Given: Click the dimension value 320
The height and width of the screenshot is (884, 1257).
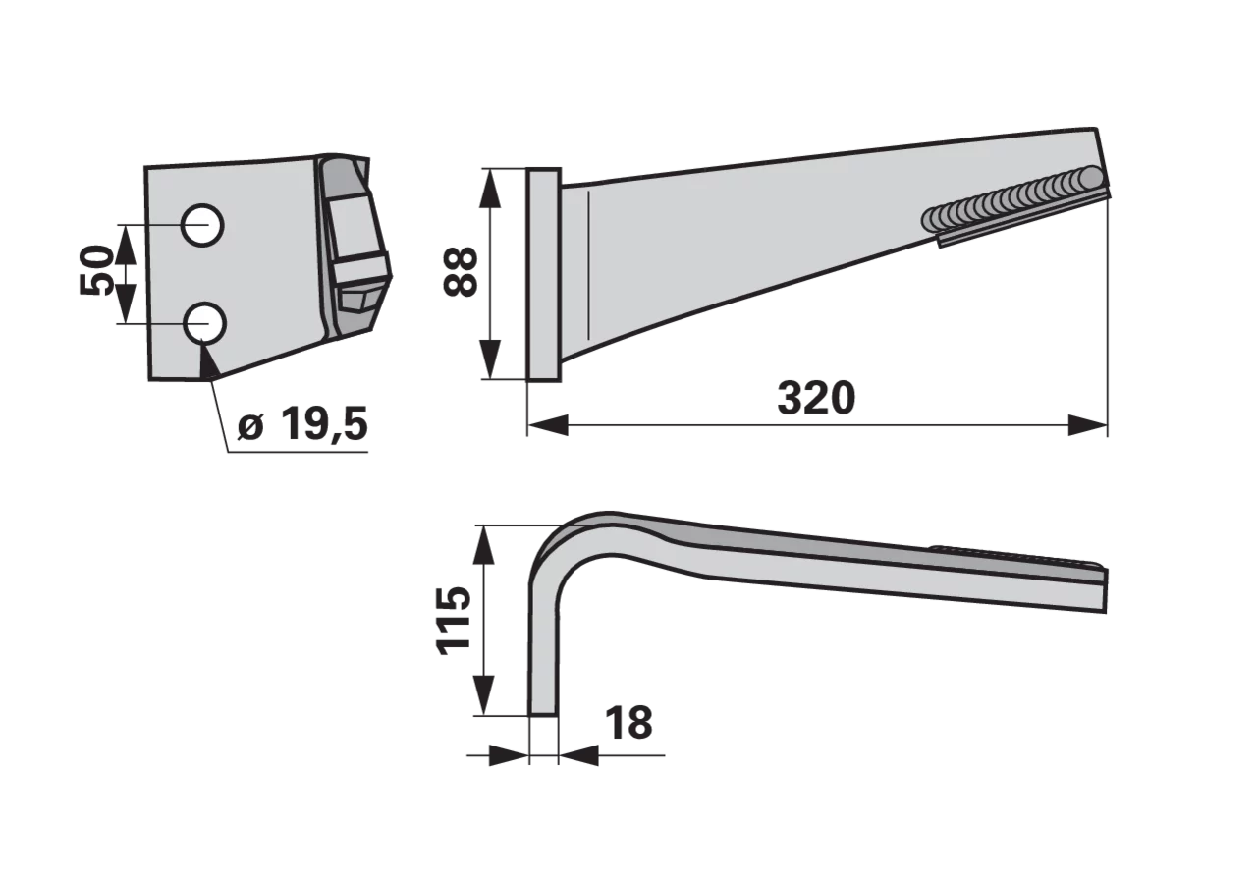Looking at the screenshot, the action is click(x=816, y=399).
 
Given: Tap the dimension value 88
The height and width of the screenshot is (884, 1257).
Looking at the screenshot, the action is click(x=461, y=272).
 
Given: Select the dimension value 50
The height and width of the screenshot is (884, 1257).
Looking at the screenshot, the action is click(x=95, y=270).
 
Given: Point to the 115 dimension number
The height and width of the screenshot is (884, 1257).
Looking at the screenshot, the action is click(x=454, y=621).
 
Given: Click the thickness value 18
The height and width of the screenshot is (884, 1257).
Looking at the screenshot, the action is click(x=629, y=724).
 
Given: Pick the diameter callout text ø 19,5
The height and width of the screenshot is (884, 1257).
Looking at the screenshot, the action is click(x=302, y=425).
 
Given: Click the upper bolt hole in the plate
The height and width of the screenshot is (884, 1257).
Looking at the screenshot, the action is click(x=202, y=225).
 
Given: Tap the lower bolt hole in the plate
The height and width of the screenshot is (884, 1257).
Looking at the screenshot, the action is click(x=205, y=323).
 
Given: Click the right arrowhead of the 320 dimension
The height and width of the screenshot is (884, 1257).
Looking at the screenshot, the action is click(x=1087, y=425).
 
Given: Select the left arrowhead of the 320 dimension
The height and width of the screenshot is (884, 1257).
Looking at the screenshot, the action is click(x=548, y=425).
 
